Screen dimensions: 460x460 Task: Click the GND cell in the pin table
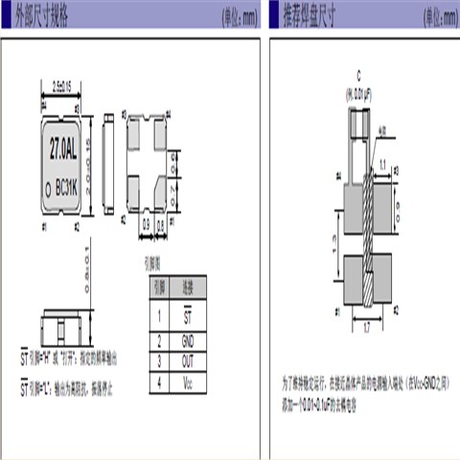coord(187,338)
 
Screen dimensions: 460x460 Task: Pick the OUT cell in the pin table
coord(187,360)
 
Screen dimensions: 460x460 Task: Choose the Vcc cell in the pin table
coord(187,382)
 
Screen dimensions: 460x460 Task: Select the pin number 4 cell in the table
coord(157,382)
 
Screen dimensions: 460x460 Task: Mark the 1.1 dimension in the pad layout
coord(383,164)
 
